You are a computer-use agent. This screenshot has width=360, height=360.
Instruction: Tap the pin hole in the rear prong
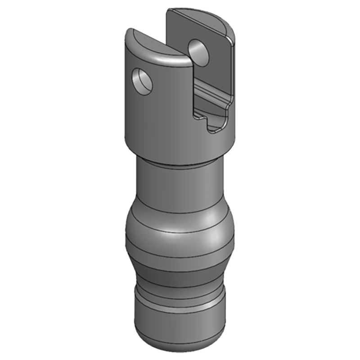click(198, 50)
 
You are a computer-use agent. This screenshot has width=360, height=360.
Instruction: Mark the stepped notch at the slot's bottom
click(211, 122)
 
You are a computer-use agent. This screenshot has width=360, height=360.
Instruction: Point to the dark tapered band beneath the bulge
click(180, 274)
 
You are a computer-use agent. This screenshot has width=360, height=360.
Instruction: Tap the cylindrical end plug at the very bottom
click(180, 324)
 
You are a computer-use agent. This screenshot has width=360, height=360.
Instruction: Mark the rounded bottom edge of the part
click(180, 343)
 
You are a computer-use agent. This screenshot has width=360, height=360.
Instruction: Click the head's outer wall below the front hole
click(144, 121)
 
